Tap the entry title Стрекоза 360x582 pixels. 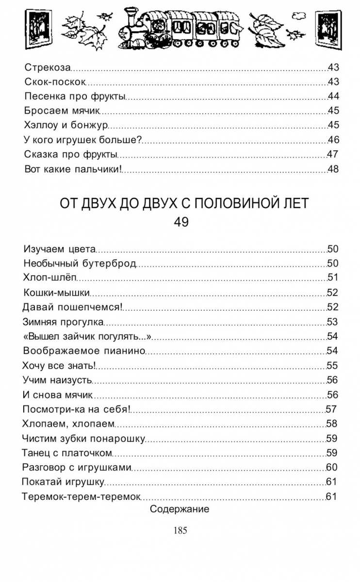48,68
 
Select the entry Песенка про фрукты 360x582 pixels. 75,96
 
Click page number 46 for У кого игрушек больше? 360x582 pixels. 333,140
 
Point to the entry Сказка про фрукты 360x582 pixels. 71,155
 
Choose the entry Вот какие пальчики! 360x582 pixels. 72,170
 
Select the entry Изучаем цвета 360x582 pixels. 60,249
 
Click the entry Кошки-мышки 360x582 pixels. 56,293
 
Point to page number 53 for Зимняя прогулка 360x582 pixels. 332,322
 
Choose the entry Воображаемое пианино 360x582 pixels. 84,351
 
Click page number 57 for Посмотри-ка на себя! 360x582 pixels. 331,409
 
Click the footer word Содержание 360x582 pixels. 180,510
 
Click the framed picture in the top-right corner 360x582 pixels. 328,26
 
